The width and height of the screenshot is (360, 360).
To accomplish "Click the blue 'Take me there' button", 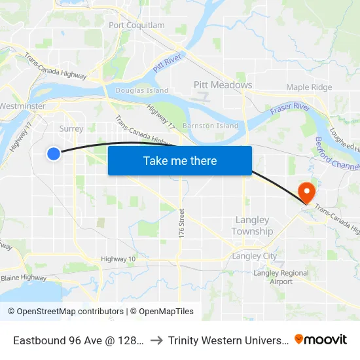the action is coord(180,160).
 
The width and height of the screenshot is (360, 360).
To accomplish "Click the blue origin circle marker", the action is coord(54,153).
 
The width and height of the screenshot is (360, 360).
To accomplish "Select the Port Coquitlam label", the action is coord(137,26).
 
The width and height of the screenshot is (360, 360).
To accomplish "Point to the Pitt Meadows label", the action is coord(223,85).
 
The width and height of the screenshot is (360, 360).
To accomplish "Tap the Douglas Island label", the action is coord(141,90).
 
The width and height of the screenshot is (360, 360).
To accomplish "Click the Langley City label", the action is coord(255,256).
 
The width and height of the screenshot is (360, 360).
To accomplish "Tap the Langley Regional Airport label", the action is coord(281,277).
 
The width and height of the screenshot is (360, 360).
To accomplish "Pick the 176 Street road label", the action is coord(182,223).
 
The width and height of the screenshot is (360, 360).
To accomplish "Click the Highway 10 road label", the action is coord(118,259).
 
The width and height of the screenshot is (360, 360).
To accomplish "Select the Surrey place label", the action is coord(71,128).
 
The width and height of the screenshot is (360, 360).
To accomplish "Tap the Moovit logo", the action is coord(321,339).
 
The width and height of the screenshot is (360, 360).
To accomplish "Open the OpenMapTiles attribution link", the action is coord(162,312).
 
